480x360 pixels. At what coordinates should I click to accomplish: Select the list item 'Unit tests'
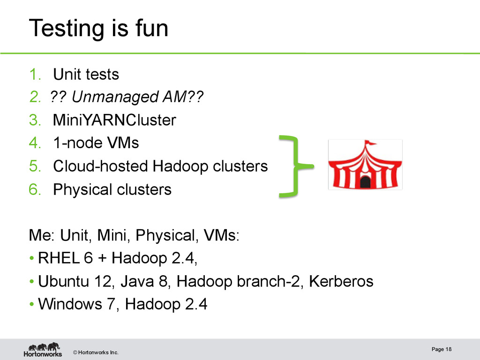pos(86,74)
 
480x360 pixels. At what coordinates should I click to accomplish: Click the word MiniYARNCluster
pos(114,120)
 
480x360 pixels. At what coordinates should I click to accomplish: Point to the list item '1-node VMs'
pos(96,142)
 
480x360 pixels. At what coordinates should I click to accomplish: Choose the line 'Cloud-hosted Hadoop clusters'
pos(160,166)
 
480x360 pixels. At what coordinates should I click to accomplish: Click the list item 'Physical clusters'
pos(112,189)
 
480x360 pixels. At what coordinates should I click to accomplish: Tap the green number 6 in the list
pos(34,189)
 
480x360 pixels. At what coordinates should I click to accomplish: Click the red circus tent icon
pos(365,165)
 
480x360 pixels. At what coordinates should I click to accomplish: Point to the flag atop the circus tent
pos(370,142)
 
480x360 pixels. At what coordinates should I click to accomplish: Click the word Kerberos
pos(341,281)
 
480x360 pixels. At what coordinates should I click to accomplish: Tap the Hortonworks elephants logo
pos(43,349)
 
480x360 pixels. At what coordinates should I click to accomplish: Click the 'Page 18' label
pos(442,349)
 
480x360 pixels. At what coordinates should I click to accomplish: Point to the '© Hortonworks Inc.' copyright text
pos(96,352)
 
